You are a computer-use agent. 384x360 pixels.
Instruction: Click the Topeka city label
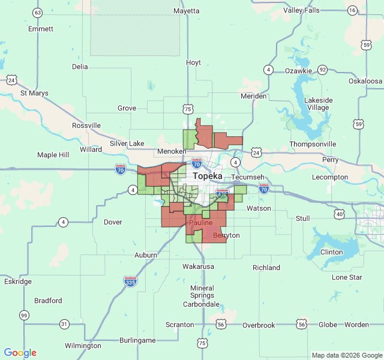[207, 176]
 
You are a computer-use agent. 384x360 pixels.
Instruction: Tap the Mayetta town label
[186, 11]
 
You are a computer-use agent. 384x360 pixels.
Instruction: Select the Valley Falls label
[301, 10]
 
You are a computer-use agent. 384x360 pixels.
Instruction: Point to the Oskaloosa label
[365, 80]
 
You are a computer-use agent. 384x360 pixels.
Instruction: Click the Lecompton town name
[330, 177]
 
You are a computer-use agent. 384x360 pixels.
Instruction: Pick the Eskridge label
[18, 281]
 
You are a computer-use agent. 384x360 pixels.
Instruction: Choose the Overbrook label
[259, 325]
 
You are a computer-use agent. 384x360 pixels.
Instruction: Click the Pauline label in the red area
[200, 223]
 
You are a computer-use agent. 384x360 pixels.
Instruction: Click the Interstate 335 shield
[130, 281]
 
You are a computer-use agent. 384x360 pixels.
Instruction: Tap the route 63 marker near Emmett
[38, 13]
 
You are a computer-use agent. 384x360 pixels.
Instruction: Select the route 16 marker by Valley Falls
[352, 10]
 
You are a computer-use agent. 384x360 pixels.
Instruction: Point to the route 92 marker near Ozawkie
[322, 69]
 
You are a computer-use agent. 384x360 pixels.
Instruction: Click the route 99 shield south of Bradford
[23, 315]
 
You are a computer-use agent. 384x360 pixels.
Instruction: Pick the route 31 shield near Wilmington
[64, 324]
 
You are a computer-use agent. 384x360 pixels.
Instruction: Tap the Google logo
[20, 353]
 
